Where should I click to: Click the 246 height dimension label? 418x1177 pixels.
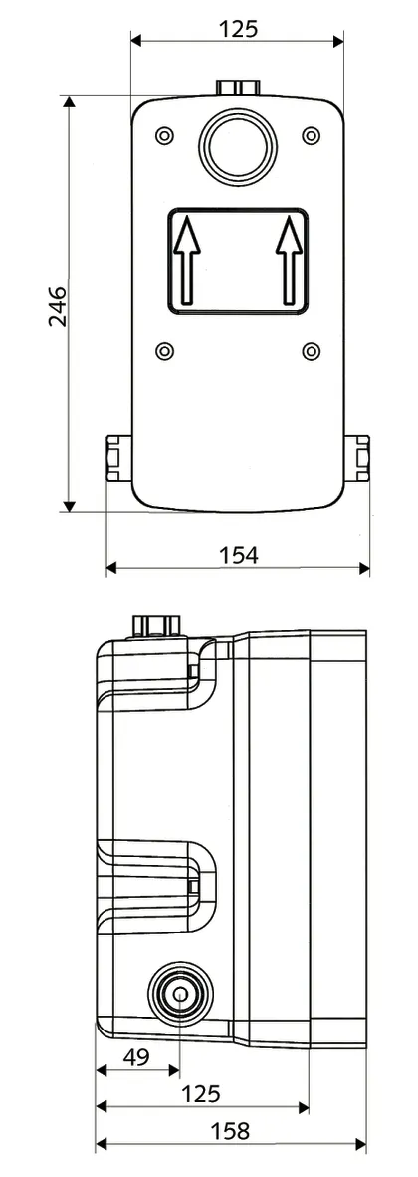[x=56, y=305]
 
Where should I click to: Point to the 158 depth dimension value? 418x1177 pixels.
[x=230, y=1131]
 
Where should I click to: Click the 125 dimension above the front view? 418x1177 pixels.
[x=238, y=29]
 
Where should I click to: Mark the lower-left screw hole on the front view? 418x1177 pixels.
[x=165, y=350]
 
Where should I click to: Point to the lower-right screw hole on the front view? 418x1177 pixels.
[x=311, y=350]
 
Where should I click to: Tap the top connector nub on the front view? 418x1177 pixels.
[x=238, y=88]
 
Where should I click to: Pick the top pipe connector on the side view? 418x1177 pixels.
[x=157, y=625]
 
